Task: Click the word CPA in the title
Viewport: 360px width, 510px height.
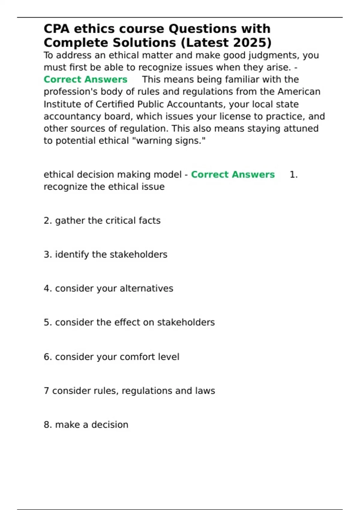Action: coord(56,29)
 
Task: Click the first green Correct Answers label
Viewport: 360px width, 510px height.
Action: coord(85,79)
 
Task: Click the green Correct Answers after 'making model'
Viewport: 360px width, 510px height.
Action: coord(233,175)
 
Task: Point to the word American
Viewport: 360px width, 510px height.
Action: coord(299,91)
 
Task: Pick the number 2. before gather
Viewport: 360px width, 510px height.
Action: coord(48,220)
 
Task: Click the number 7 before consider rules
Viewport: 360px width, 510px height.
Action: coord(46,391)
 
